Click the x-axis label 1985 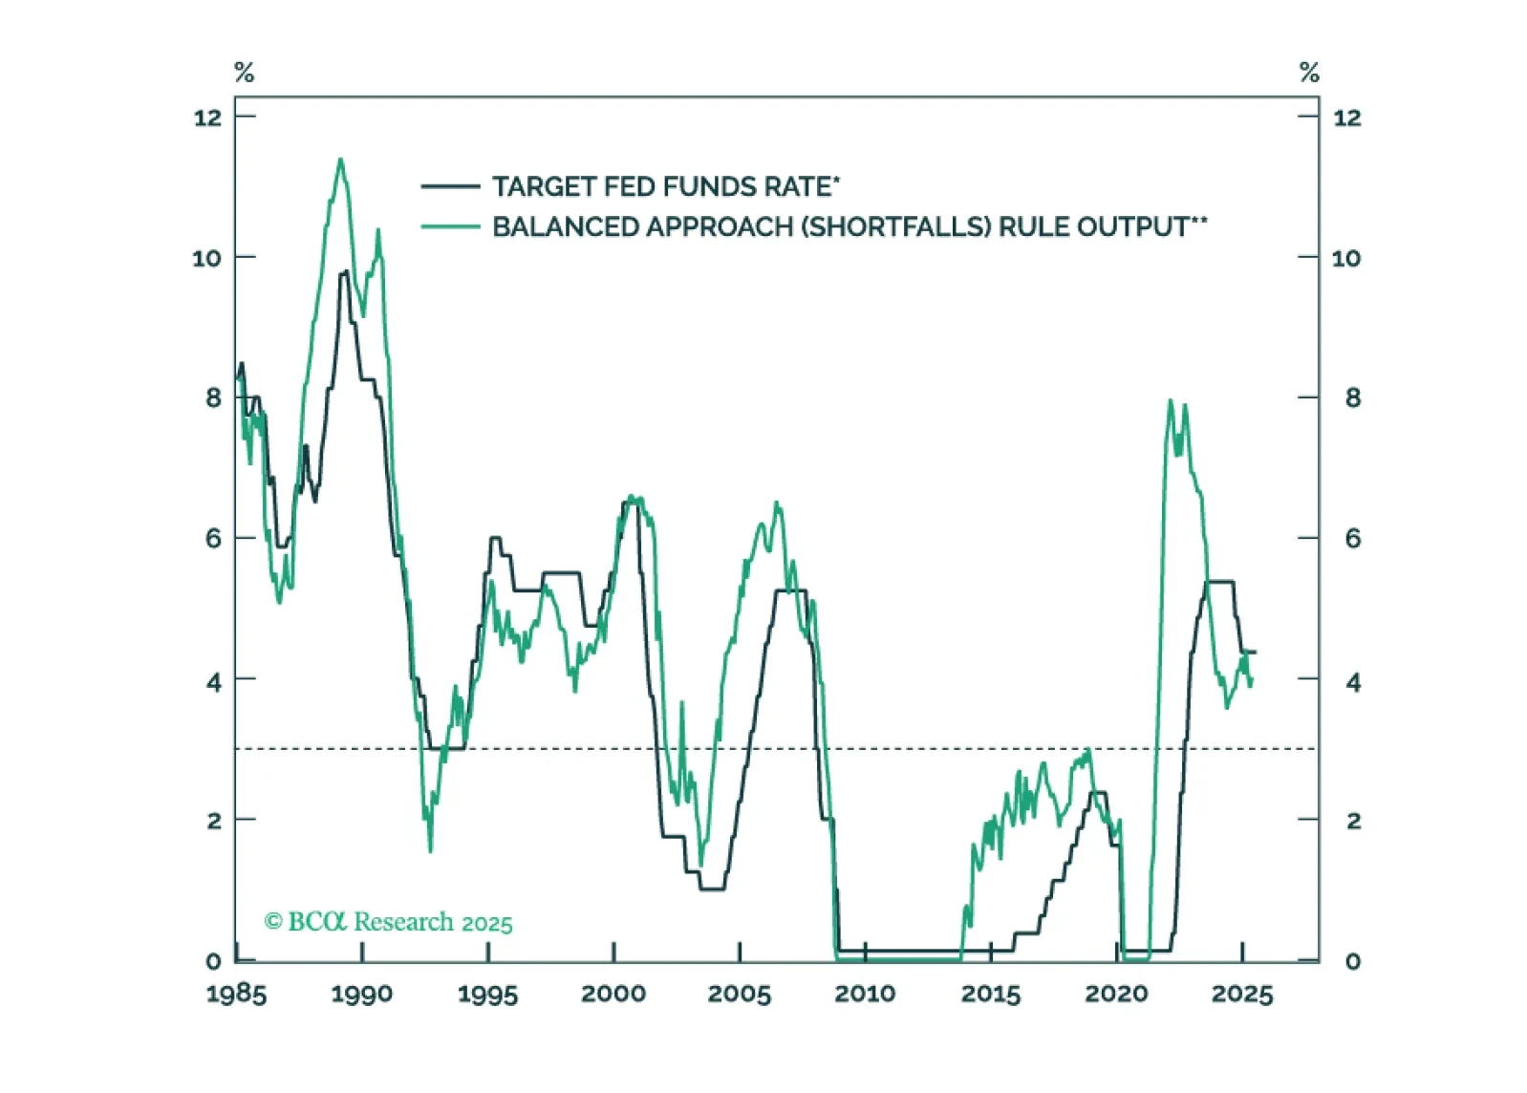point(236,995)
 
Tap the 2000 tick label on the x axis point(613,995)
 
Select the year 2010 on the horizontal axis point(865,995)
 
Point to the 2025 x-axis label point(1242,995)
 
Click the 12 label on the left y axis point(207,118)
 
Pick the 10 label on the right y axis point(1346,258)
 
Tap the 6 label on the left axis point(213,539)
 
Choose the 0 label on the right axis point(1352,961)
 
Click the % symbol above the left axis point(244,73)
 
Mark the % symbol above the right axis point(1309,73)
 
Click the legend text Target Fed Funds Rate point(665,186)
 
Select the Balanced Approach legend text point(849,227)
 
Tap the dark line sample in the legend point(450,186)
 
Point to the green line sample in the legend point(450,227)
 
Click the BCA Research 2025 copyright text point(388,922)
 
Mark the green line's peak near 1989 point(340,160)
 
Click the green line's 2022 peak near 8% point(1171,401)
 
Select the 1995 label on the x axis point(487,995)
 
